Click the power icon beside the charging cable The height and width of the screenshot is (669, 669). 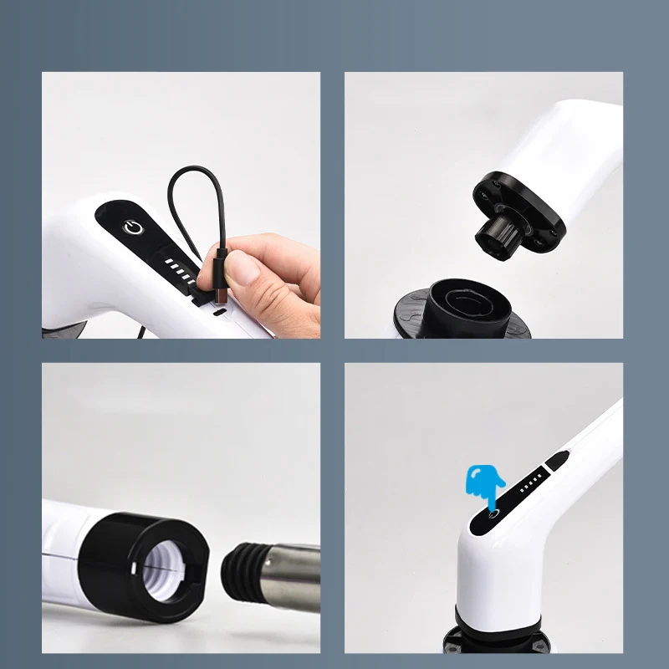point(130,227)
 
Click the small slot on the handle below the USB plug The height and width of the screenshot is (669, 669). point(219,314)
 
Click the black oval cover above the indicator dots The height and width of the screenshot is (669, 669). point(558,459)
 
